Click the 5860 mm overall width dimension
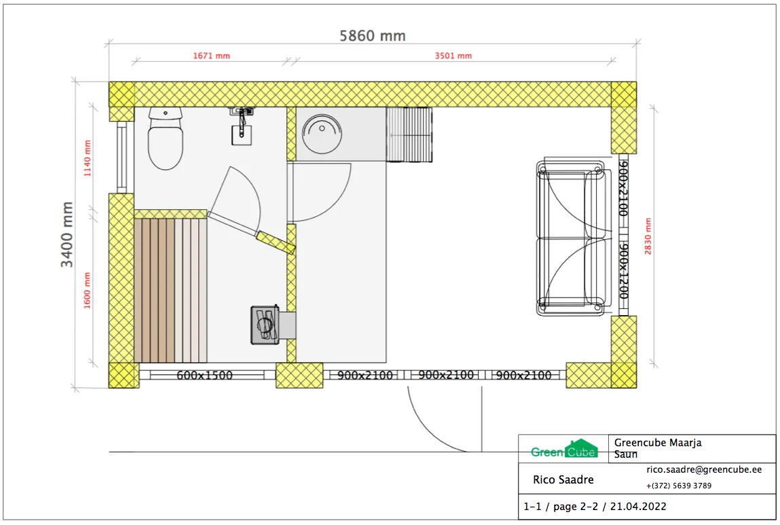click(373, 36)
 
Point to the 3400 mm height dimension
click(67, 234)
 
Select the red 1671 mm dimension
click(211, 56)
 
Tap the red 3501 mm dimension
click(453, 56)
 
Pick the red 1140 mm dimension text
click(88, 158)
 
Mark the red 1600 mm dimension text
click(87, 291)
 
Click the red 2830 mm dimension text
click(648, 236)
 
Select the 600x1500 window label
click(204, 375)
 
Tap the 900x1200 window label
click(623, 271)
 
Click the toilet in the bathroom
click(166, 139)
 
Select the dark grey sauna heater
click(265, 325)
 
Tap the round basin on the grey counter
click(322, 134)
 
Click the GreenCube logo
click(564, 449)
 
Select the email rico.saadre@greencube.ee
click(704, 469)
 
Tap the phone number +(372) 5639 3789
click(679, 486)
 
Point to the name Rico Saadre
click(563, 479)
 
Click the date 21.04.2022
click(638, 507)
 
